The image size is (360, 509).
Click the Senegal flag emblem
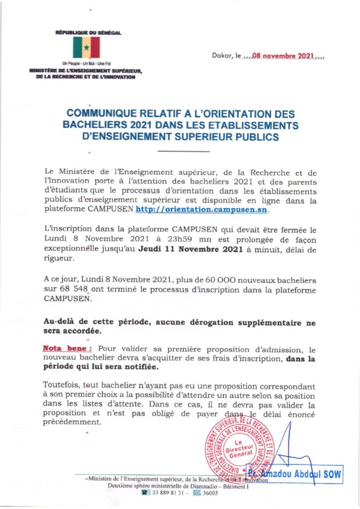point(85,47)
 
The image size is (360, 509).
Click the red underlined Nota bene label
point(67,348)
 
